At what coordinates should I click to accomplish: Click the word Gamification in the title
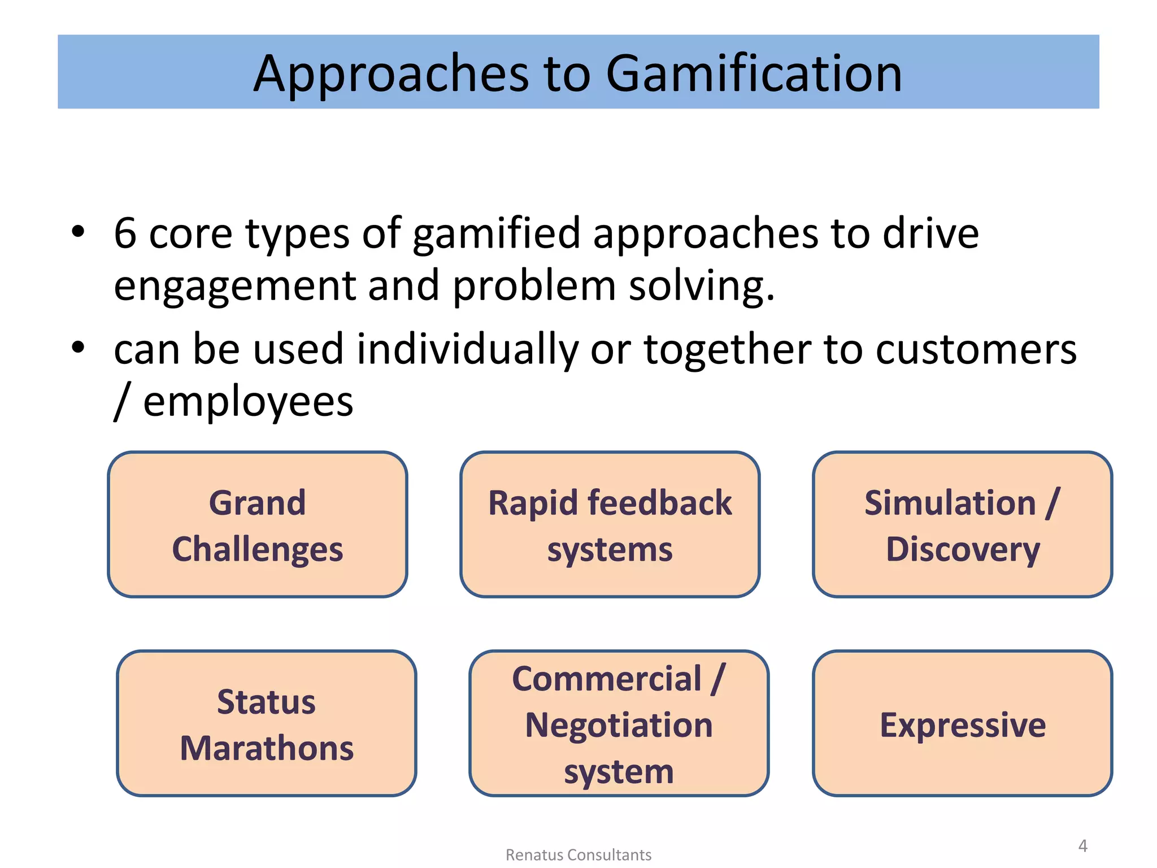[754, 73]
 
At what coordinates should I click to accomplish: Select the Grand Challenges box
[258, 524]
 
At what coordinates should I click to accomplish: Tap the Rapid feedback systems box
[610, 524]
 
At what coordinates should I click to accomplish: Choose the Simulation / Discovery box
[962, 524]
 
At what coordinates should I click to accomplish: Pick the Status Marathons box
[267, 723]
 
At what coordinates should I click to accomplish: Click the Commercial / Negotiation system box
[619, 723]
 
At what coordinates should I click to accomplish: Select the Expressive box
[962, 723]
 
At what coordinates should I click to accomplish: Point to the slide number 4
[1082, 845]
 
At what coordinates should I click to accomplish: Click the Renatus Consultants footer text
[578, 854]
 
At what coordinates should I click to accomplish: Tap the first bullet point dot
[78, 231]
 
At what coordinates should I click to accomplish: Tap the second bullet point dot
[78, 348]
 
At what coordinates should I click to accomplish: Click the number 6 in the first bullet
[125, 233]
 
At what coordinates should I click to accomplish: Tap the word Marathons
[267, 748]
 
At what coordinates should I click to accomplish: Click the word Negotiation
[619, 724]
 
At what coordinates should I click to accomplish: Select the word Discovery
[962, 549]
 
